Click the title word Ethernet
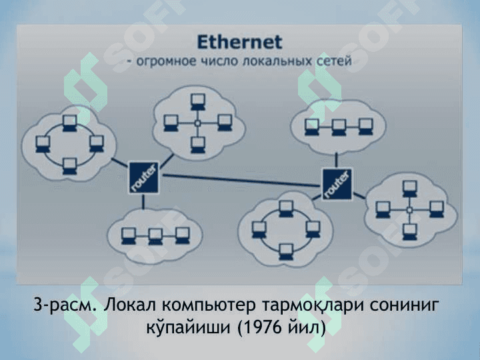coord(239,42)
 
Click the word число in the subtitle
coord(219,61)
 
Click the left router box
coord(143,177)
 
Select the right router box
coord(337,184)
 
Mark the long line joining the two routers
coord(241,180)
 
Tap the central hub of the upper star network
coord(198,123)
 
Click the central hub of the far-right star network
coord(409,210)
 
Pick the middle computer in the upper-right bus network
coord(339,127)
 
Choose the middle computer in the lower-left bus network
coord(155,236)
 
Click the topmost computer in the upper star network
coord(198,101)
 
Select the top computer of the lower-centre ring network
coord(286,209)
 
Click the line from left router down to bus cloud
coord(143,202)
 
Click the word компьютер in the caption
coord(208,305)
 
